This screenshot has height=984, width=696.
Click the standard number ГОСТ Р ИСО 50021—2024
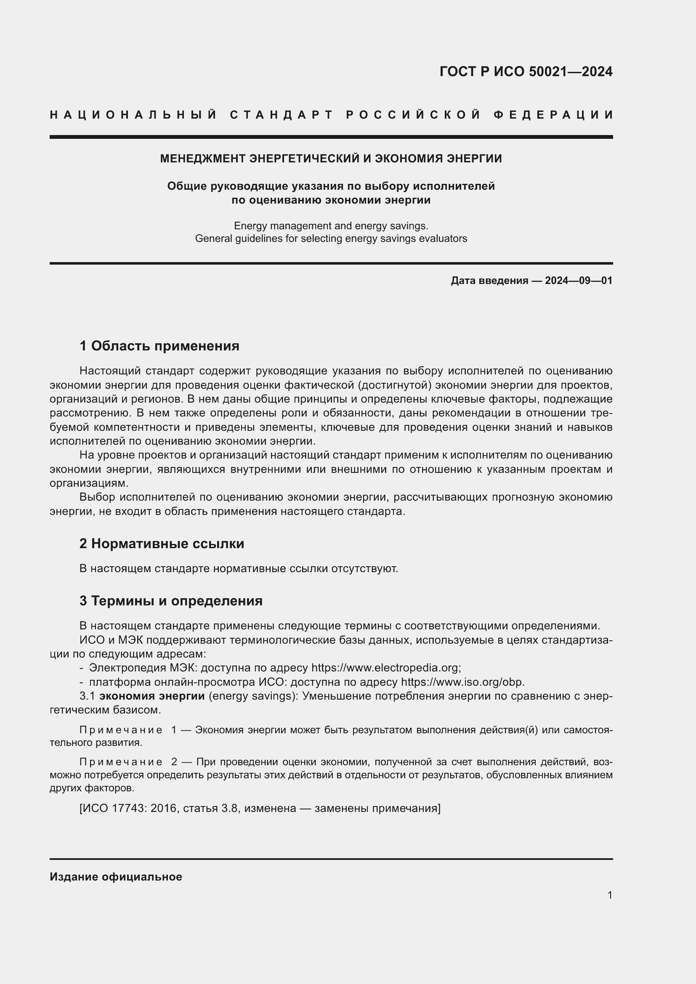coord(526,72)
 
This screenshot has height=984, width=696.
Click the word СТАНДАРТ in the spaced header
coord(282,115)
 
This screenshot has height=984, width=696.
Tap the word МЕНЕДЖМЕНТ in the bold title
coord(203,159)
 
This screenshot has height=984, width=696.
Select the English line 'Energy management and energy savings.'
coord(331,225)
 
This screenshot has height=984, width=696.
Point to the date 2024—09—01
coord(578,281)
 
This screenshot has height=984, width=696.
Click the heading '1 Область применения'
coord(159,346)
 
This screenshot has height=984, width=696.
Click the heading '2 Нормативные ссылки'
coord(162,544)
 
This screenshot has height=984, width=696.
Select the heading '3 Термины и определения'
coord(171,601)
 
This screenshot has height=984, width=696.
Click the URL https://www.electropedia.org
coord(385,668)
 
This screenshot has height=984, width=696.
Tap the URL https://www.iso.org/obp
coord(462,682)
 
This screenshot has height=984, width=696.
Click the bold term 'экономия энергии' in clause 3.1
coord(152,696)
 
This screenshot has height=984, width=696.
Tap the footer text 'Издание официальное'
coord(116,877)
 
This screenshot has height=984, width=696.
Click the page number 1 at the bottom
coord(609,895)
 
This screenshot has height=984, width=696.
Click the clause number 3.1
coord(87,696)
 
